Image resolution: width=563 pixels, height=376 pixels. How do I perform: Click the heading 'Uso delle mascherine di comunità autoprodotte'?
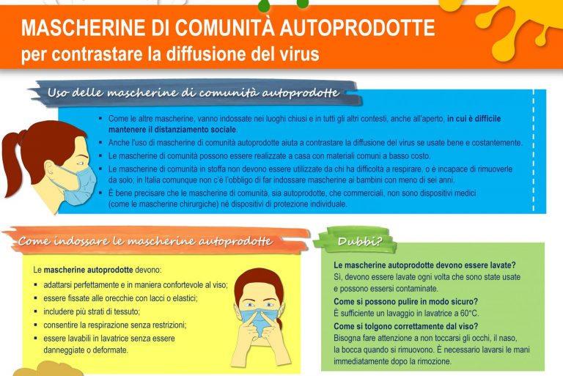193,93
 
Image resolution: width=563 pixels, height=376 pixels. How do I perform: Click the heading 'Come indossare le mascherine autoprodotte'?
145,241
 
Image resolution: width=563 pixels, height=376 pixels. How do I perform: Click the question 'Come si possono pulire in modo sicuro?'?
405,301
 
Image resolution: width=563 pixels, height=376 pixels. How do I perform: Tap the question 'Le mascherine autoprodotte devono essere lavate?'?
424,265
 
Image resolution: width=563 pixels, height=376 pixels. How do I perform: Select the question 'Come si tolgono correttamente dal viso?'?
405,326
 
